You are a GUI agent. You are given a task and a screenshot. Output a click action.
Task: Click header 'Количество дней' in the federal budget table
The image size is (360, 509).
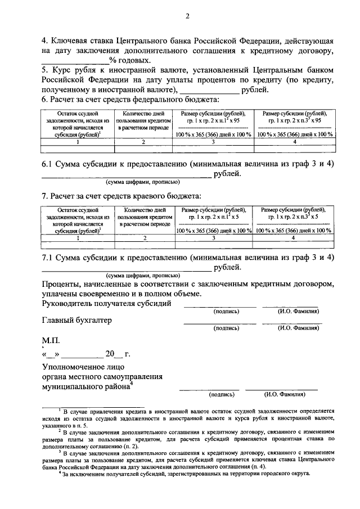click(x=143, y=114)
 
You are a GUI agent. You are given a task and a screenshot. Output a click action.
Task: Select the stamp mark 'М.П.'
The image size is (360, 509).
click(x=53, y=341)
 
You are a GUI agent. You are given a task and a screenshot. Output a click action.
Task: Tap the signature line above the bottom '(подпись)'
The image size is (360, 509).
click(x=209, y=389)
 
